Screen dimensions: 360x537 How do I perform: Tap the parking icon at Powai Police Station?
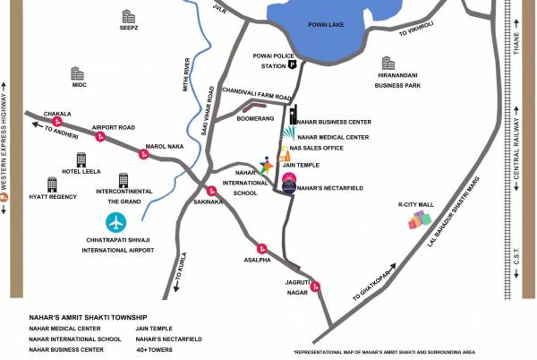point(292,64)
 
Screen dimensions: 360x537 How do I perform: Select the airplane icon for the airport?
point(117,222)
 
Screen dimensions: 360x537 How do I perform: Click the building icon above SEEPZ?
point(128,16)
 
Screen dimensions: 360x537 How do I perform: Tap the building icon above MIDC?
point(78,73)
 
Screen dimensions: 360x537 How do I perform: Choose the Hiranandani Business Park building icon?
point(388,63)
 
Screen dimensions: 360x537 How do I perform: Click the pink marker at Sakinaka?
point(211,190)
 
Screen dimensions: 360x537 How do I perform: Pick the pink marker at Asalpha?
point(261,249)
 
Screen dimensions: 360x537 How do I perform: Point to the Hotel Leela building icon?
point(81,159)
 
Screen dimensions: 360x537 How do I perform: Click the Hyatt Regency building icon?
point(52,184)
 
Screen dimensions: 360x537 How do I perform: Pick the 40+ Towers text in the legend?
point(154,349)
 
